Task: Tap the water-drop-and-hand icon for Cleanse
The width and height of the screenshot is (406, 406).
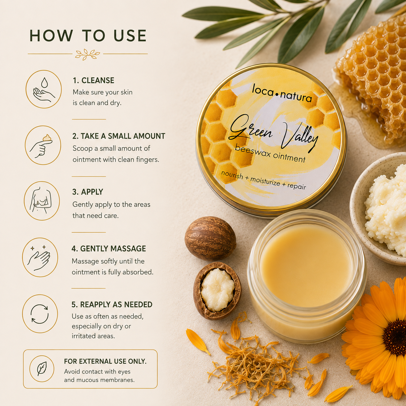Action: pos(44,89)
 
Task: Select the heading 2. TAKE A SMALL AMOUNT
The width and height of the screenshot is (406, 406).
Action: pos(118,136)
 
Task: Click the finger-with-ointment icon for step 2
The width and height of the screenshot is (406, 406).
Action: pos(43,145)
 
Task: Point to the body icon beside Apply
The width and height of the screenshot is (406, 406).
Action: pos(42,201)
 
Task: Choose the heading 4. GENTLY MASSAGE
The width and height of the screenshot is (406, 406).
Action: pos(109,249)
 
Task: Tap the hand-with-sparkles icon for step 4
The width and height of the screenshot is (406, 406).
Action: pos(40,257)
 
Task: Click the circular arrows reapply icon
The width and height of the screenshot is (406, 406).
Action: pos(40,314)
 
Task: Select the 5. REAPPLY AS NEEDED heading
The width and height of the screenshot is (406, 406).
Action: pos(112,305)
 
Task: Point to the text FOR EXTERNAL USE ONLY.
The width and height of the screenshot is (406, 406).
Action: pos(105,361)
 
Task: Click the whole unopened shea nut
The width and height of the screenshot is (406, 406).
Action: pos(210,239)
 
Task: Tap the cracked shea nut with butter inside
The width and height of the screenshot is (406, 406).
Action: pos(217,291)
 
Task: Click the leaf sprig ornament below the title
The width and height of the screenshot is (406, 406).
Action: pos(87,54)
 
